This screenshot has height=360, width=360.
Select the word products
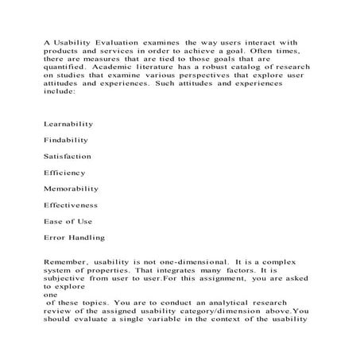pyautogui.click(x=63, y=52)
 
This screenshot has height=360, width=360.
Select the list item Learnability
pyautogui.click(x=68, y=125)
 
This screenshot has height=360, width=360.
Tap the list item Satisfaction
pyautogui.click(x=68, y=157)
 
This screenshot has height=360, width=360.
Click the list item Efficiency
pyautogui.click(x=64, y=173)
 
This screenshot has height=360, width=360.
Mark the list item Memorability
pyautogui.click(x=71, y=189)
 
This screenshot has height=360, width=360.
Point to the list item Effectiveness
pyautogui.click(x=72, y=206)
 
